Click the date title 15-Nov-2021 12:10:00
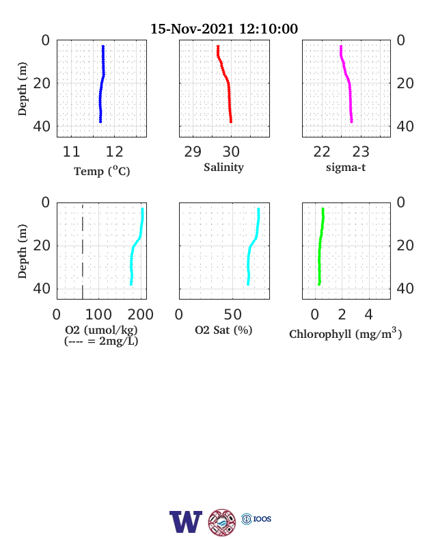click(x=224, y=29)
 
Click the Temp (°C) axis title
click(x=102, y=171)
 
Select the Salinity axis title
click(x=224, y=168)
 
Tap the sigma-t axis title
click(x=346, y=168)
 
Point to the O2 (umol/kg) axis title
click(x=101, y=330)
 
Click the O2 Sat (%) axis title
click(x=223, y=330)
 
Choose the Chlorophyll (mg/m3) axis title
click(x=345, y=333)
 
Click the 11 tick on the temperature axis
click(x=71, y=152)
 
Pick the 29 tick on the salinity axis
click(x=193, y=152)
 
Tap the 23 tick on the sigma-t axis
click(x=361, y=152)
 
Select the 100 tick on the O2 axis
click(x=98, y=315)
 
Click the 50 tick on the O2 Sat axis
click(x=233, y=315)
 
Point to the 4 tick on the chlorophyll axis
click(x=369, y=315)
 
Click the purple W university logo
click(x=186, y=522)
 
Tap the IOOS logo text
click(x=262, y=518)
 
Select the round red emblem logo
click(x=222, y=522)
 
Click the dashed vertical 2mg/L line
click(x=83, y=251)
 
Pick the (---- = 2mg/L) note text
click(x=101, y=341)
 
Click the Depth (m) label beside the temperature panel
click(x=22, y=89)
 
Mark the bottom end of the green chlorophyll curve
click(x=319, y=285)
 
